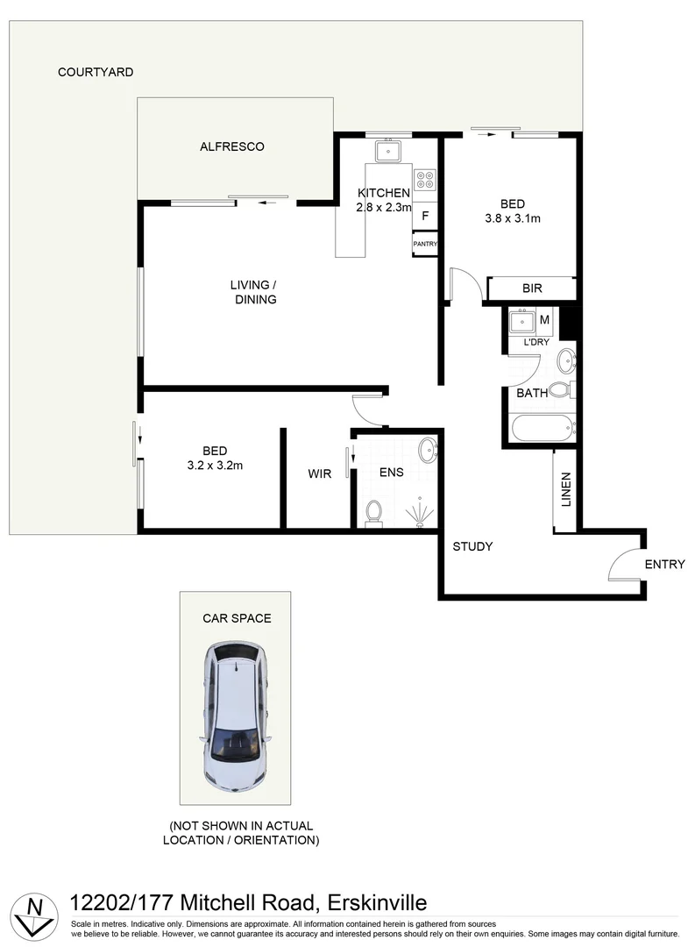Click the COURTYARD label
coord(96,72)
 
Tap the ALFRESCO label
coord(232,146)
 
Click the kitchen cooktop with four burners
coord(425,180)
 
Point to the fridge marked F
coord(425,215)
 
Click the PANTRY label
coord(425,245)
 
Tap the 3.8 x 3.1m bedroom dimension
coord(513,219)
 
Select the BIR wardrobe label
coord(532,288)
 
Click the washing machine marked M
coord(544,320)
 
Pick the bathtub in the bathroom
coord(543,428)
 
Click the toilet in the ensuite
coord(374,512)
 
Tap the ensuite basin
coord(428,451)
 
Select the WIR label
coord(319,473)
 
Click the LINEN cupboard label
coord(565,490)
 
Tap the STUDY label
coord(472,546)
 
